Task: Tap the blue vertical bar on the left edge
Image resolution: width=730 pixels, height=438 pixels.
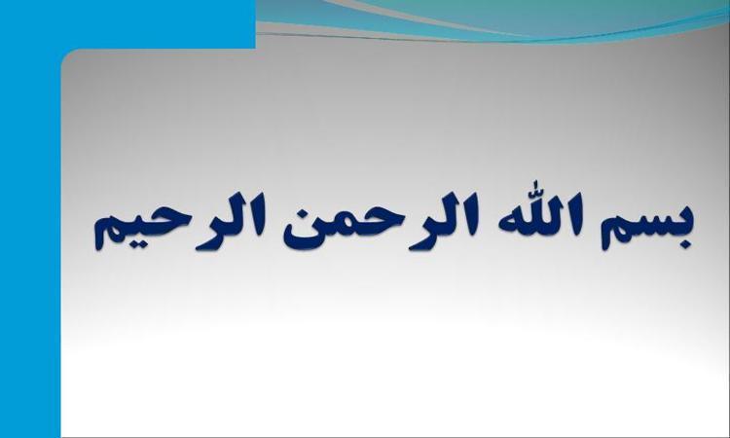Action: (x=30, y=242)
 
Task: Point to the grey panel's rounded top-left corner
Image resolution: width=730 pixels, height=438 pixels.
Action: (x=65, y=53)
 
